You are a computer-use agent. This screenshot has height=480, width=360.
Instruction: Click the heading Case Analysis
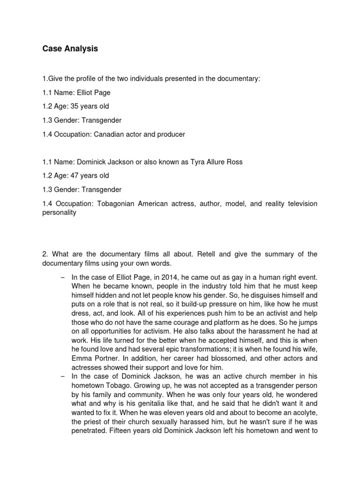70,49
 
